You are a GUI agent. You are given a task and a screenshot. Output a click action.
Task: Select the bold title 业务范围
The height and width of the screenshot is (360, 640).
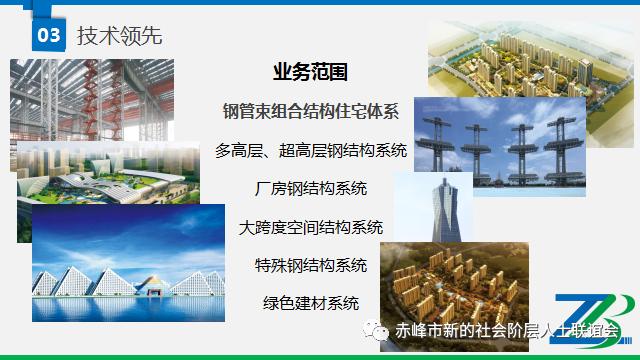point(311,73)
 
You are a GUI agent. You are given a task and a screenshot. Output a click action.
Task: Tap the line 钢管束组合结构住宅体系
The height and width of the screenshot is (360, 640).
point(311,108)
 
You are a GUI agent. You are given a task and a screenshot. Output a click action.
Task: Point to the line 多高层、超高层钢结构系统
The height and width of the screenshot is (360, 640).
point(311,151)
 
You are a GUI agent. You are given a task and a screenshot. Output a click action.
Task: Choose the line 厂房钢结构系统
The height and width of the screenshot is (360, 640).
point(311,189)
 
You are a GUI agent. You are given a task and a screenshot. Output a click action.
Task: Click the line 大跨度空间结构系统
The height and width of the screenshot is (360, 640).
point(311,227)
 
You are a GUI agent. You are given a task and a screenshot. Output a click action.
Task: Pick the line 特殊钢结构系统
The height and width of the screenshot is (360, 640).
point(311,265)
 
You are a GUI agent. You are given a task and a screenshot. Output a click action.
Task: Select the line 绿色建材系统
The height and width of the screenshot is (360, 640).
point(311,303)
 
